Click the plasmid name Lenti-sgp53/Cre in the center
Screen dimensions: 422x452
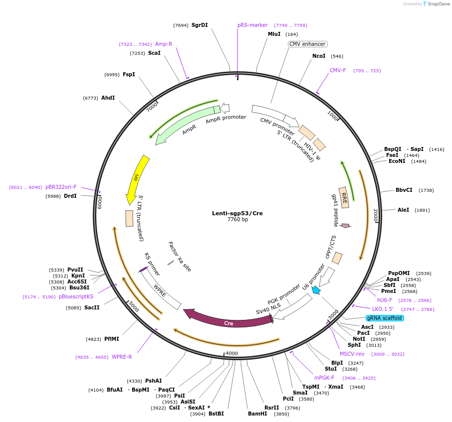pyautogui.click(x=237, y=213)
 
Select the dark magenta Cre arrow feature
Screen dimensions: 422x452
pyautogui.click(x=228, y=322)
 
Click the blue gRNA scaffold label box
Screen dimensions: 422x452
pyautogui.click(x=384, y=318)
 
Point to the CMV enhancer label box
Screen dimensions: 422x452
pyautogui.click(x=307, y=44)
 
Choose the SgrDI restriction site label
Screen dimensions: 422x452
pyautogui.click(x=200, y=25)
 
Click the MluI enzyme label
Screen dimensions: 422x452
pyautogui.click(x=274, y=34)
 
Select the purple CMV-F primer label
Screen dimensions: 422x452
pyautogui.click(x=338, y=70)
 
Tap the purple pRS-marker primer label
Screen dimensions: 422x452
pyautogui.click(x=252, y=25)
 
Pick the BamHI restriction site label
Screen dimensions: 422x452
pyautogui.click(x=257, y=414)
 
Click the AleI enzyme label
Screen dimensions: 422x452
pyautogui.click(x=403, y=210)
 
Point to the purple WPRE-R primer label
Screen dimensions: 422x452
pyautogui.click(x=122, y=357)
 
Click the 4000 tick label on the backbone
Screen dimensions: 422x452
pyautogui.click(x=231, y=353)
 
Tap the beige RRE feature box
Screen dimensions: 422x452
pyautogui.click(x=344, y=197)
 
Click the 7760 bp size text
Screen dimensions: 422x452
pyautogui.click(x=237, y=220)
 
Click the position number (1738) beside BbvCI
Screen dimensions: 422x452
pyautogui.click(x=426, y=190)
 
